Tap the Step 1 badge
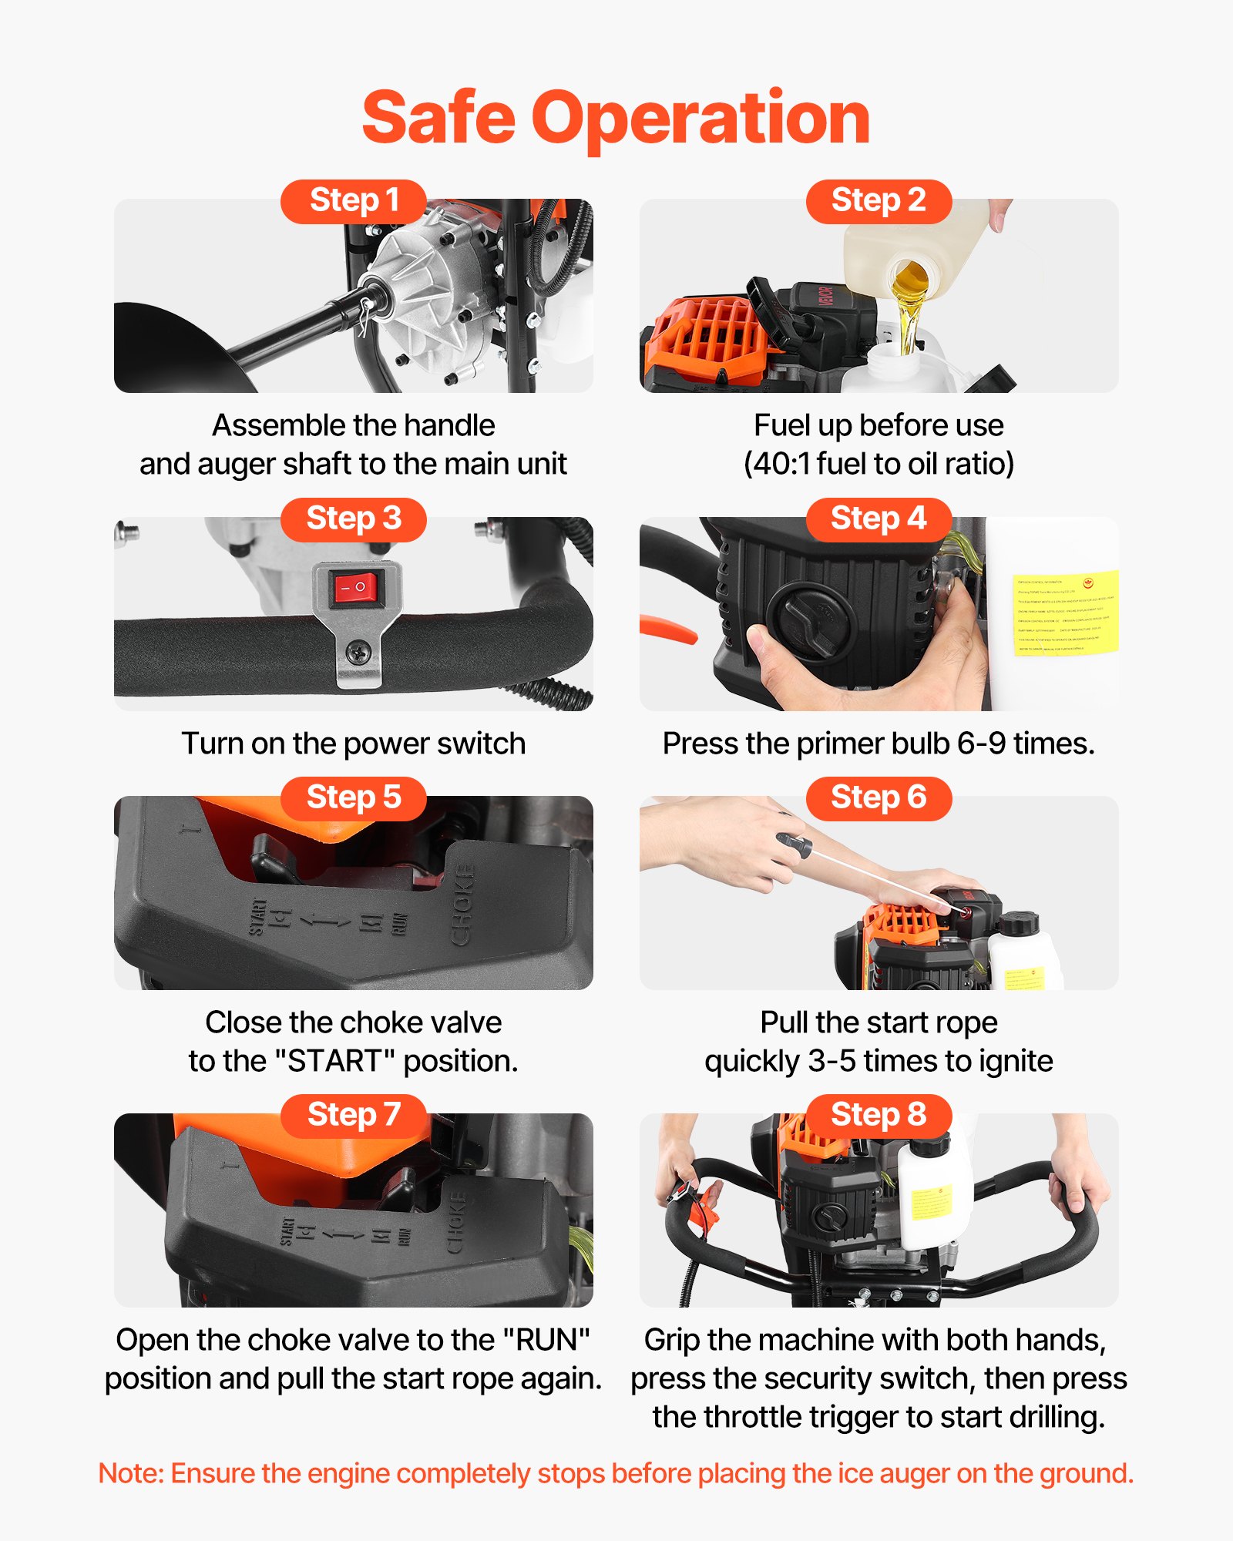tap(354, 201)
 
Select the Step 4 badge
tap(879, 519)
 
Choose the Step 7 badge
tap(354, 1115)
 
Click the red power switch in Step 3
tap(357, 588)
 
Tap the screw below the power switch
tap(358, 653)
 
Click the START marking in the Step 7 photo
tap(287, 1231)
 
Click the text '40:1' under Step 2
tap(780, 465)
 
